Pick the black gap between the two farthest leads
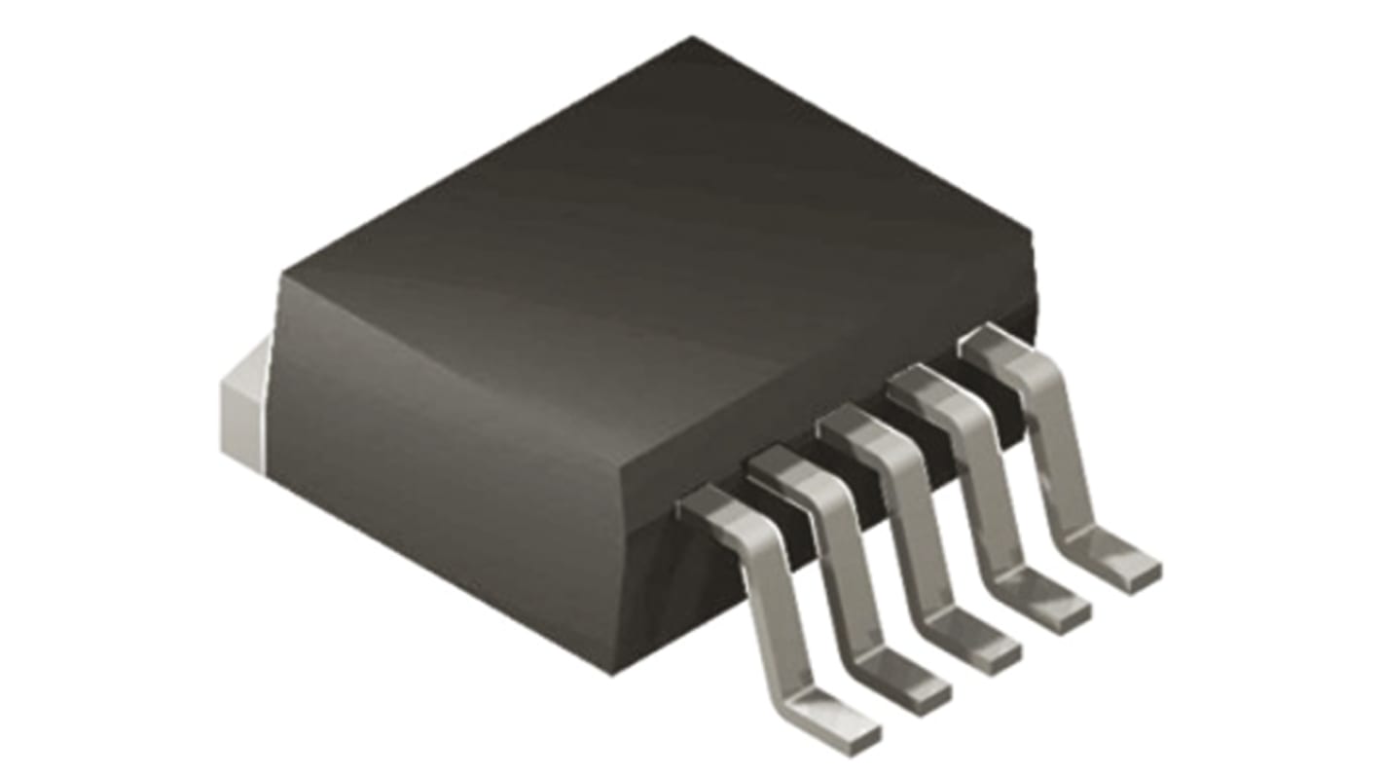click(x=973, y=385)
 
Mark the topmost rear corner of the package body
click(x=693, y=39)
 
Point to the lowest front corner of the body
click(x=611, y=672)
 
